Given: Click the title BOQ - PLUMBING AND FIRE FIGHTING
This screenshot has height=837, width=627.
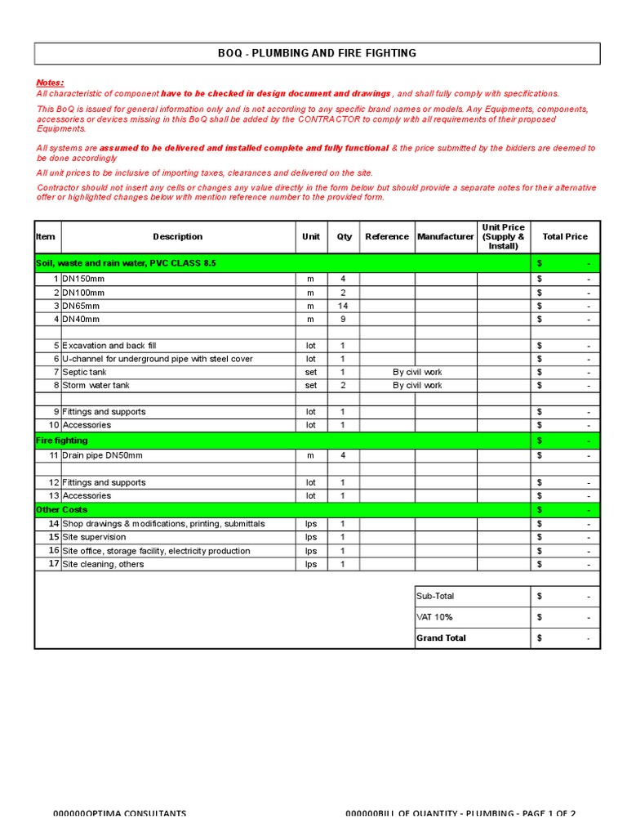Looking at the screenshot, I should pos(317,53).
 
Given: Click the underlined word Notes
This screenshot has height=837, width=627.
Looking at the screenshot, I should pos(50,83).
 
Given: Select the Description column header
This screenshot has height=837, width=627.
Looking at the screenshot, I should pos(177,237).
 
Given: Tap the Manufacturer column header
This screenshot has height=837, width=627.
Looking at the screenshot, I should pos(446,237).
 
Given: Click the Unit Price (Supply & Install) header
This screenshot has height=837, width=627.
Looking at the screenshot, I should pos(503,236).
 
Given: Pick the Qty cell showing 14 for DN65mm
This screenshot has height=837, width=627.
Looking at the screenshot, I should pos(343,306).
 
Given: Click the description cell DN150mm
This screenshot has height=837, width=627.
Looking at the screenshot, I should pos(83,280).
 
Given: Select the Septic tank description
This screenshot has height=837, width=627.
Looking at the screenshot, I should pos(85,372).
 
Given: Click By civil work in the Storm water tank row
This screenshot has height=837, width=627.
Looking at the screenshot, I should pos(417,385).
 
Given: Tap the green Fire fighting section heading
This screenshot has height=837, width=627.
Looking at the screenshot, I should pos(61,441).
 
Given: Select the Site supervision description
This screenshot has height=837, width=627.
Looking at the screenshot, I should pos(95,537).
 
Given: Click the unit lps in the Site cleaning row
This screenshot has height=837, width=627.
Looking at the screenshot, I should pos(311,564).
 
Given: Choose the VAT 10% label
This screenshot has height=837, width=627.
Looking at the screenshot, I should pos(434,617).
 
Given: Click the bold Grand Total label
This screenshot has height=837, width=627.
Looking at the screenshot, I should pos(441,638).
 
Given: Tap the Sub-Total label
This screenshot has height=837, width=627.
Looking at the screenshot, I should pos(434,597).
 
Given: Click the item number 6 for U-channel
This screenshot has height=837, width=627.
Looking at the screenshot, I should pos(56,359).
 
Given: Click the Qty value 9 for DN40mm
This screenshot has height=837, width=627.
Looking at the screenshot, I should pos(343,319).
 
